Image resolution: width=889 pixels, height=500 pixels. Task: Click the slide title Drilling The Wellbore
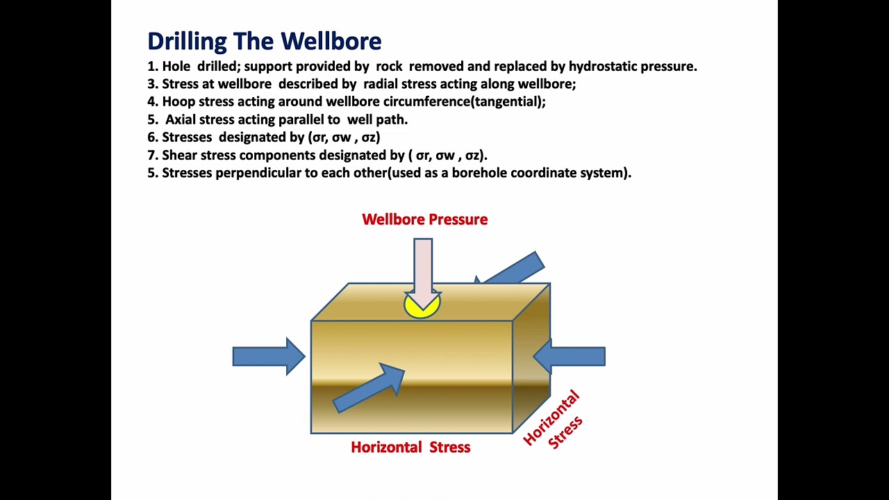tap(264, 41)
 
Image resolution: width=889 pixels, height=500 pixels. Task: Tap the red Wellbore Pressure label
tap(424, 219)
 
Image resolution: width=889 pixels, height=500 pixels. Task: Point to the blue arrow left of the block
tap(268, 356)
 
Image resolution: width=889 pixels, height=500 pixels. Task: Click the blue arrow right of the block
tap(569, 356)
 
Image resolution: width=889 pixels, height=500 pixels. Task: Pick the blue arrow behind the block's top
tap(515, 269)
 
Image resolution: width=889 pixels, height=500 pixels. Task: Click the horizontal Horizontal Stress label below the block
tap(410, 447)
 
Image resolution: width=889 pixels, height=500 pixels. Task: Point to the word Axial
tap(182, 119)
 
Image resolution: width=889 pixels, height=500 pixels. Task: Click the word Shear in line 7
tap(180, 155)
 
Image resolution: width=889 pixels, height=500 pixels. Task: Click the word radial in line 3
tap(381, 84)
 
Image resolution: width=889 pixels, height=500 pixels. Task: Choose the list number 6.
tap(152, 137)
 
